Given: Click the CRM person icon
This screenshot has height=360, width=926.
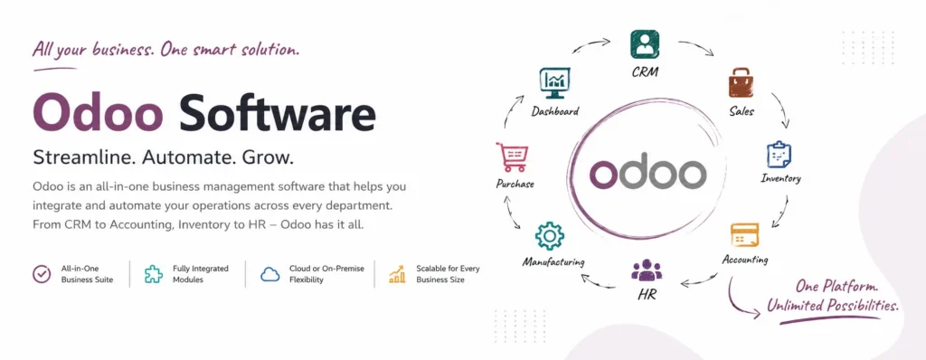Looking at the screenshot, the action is pyautogui.click(x=644, y=44).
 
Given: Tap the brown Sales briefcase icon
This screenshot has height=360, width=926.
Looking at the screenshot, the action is pyautogui.click(x=742, y=82).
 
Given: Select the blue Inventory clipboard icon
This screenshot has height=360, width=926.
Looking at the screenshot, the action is pyautogui.click(x=779, y=155).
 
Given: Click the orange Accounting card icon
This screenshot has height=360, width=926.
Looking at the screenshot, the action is pyautogui.click(x=744, y=235).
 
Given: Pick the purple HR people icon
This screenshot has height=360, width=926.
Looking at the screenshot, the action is pyautogui.click(x=647, y=270).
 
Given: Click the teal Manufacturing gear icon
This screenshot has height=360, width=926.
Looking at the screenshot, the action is pyautogui.click(x=549, y=236).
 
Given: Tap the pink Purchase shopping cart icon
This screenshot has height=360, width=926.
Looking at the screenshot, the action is pyautogui.click(x=512, y=157).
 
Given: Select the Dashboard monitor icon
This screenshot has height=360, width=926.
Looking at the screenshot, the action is pyautogui.click(x=554, y=83).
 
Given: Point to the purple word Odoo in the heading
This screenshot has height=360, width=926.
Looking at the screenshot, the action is pyautogui.click(x=98, y=113).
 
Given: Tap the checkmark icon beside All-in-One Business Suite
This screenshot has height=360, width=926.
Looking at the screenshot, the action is pyautogui.click(x=42, y=274).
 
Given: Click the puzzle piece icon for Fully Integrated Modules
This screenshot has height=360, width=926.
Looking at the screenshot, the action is pyautogui.click(x=154, y=274).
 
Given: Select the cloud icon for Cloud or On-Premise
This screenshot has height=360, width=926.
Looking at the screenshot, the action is pyautogui.click(x=269, y=274).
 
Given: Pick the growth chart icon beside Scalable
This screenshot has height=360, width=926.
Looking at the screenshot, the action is pyautogui.click(x=397, y=274).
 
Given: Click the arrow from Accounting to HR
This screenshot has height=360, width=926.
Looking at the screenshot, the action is pyautogui.click(x=700, y=280).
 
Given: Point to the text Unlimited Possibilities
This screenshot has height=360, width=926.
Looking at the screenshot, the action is pyautogui.click(x=833, y=306).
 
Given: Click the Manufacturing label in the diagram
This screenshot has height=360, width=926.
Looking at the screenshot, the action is pyautogui.click(x=553, y=261).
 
